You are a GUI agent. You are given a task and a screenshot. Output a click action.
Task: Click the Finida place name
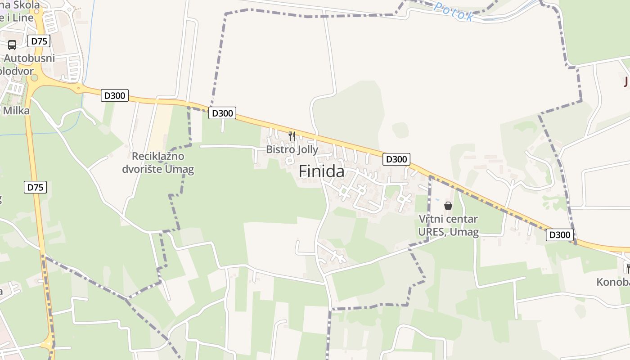[x=322, y=171]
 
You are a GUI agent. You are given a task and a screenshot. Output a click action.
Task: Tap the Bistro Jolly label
[x=292, y=149]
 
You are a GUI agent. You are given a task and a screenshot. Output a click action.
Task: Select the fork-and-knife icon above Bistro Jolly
[x=292, y=135]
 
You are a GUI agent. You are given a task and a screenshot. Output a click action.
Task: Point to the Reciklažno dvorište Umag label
[x=158, y=163]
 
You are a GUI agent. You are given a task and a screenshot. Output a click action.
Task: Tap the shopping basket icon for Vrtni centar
[x=448, y=206]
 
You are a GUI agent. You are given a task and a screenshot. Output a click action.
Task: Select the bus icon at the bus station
[x=12, y=45]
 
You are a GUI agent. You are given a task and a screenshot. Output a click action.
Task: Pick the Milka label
[x=16, y=111]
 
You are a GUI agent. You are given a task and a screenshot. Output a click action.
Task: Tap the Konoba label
[x=613, y=282]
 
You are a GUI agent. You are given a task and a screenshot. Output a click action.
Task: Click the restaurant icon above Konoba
[x=627, y=269]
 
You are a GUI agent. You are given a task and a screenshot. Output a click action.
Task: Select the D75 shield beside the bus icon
[x=39, y=41]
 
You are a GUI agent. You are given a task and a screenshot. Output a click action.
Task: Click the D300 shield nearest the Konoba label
[x=560, y=234]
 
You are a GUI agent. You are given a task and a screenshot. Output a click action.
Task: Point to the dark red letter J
[x=626, y=82]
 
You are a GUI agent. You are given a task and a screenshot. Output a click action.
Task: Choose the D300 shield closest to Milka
[x=115, y=95]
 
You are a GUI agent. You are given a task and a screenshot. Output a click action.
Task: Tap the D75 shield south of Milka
[x=35, y=187]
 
